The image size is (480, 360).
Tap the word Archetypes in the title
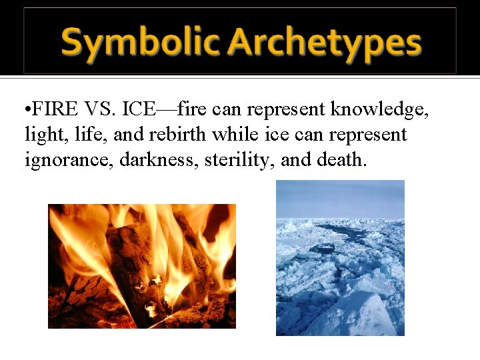pyautogui.click(x=324, y=43)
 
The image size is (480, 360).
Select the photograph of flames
pyautogui.click(x=141, y=266)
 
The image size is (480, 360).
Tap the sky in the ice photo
pyautogui.click(x=340, y=197)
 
